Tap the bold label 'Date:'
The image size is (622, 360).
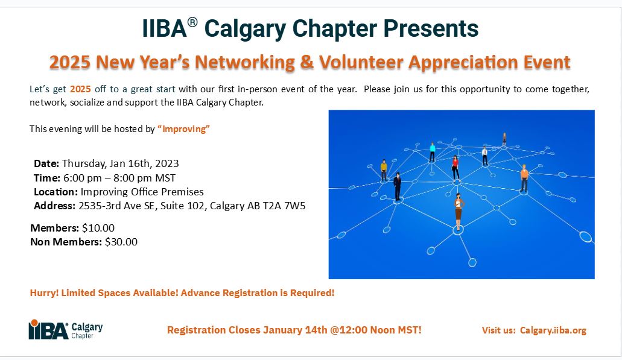(x=46, y=163)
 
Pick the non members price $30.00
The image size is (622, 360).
(x=121, y=242)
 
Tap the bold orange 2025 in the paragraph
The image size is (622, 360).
(x=80, y=89)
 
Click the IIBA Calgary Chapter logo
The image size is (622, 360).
(x=66, y=330)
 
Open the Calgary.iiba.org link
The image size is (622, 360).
(x=553, y=330)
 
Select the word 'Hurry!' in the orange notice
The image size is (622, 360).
(x=43, y=294)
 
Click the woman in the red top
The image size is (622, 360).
(x=455, y=167)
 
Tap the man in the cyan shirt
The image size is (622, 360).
(x=432, y=151)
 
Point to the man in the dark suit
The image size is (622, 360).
(x=398, y=186)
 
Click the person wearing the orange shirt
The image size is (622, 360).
(x=524, y=178)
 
